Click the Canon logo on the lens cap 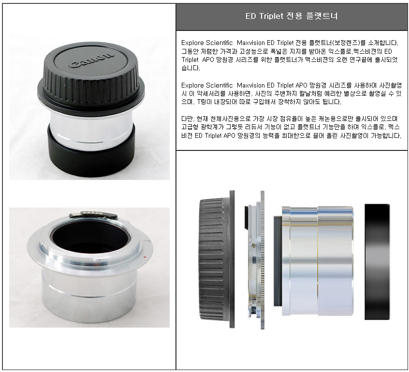(x=91, y=61)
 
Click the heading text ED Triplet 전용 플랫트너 (x=292, y=16)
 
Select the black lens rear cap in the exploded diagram (x=217, y=259)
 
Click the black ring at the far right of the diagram (x=377, y=262)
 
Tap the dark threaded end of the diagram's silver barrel (x=277, y=261)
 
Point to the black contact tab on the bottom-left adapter (x=93, y=215)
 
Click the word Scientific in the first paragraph (x=219, y=43)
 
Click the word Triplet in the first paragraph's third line (x=190, y=60)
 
